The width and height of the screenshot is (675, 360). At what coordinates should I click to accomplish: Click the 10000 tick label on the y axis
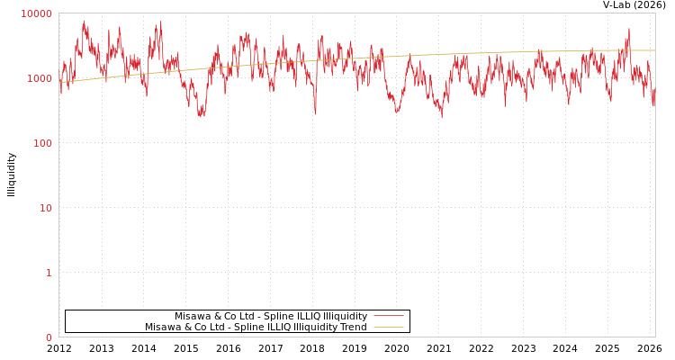click(x=36, y=13)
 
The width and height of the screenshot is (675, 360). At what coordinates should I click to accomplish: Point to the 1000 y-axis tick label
click(x=40, y=78)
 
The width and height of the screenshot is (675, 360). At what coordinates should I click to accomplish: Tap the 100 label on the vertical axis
click(x=42, y=143)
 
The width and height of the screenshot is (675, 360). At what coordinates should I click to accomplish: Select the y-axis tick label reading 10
click(x=45, y=208)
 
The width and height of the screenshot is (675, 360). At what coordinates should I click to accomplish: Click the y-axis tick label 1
click(x=49, y=273)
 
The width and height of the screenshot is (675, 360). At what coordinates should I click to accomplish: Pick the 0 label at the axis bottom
click(x=49, y=337)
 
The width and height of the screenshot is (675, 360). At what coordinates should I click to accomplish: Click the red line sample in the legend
click(x=388, y=316)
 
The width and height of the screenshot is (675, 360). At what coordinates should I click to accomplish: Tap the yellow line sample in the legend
click(x=388, y=328)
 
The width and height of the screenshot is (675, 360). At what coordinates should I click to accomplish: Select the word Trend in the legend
click(x=352, y=328)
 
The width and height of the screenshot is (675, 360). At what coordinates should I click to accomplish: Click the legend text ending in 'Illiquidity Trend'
click(x=256, y=328)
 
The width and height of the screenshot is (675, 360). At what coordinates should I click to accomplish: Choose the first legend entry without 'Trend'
click(x=271, y=316)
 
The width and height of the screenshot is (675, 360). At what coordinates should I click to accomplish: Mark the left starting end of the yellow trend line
click(x=59, y=83)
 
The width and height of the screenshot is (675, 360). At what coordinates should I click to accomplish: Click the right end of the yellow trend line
click(x=655, y=50)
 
